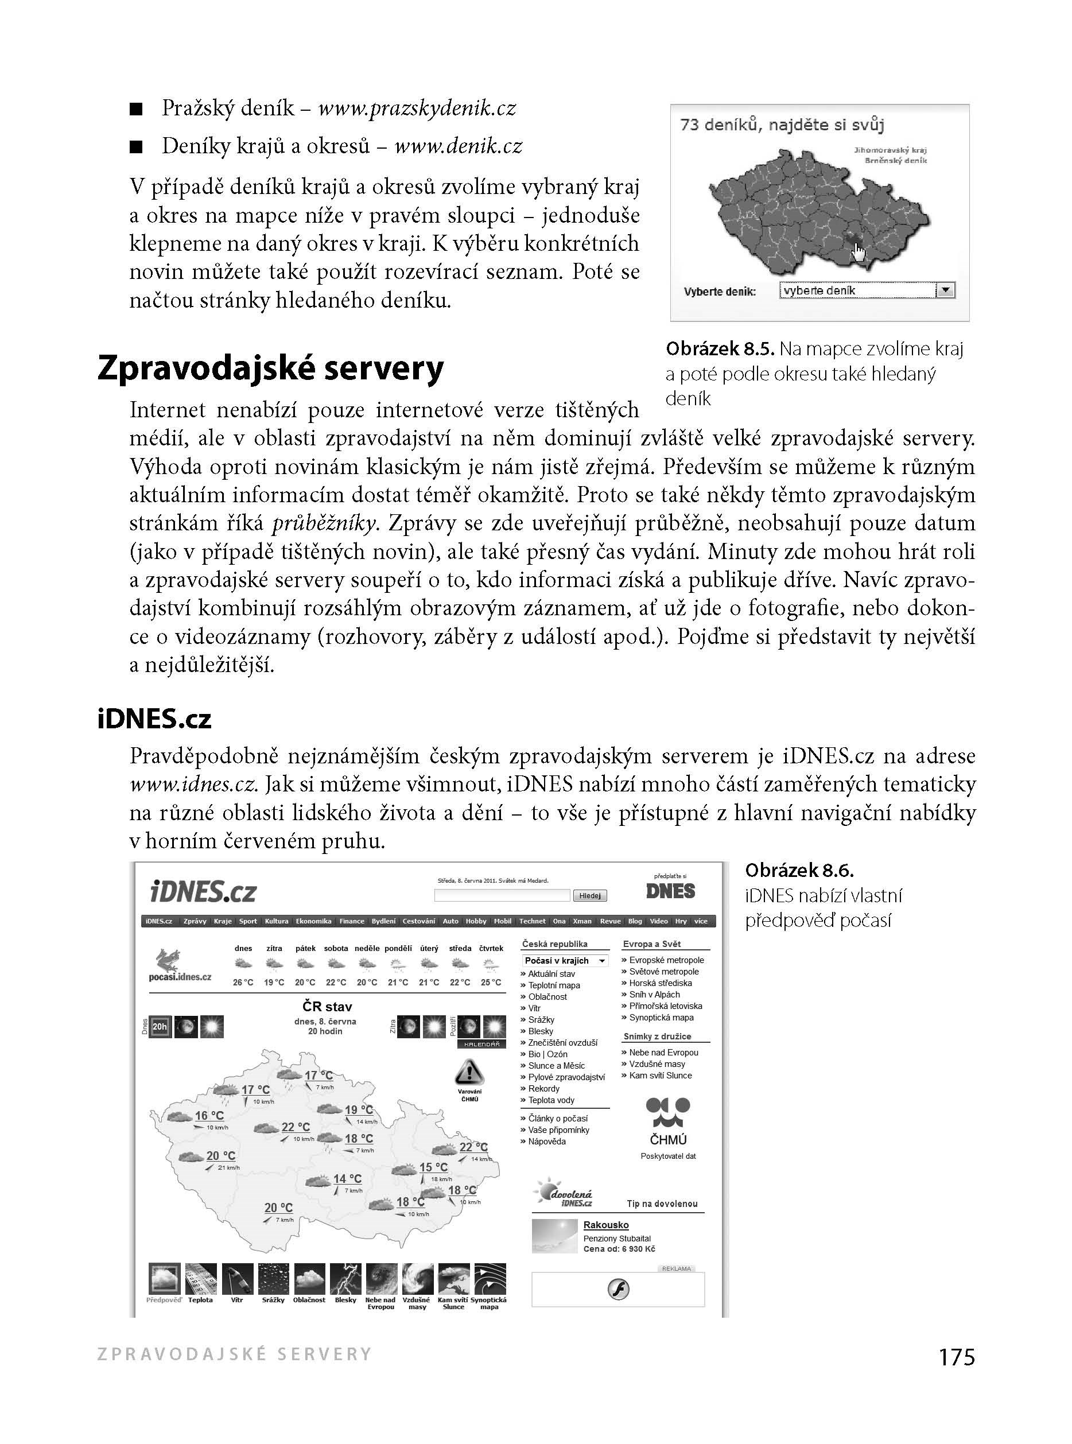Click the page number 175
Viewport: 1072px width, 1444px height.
pos(957,1356)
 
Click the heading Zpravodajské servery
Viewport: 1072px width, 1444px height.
pos(271,368)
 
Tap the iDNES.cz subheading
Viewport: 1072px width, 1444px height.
pos(154,719)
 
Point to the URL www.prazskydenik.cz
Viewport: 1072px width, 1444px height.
pos(417,108)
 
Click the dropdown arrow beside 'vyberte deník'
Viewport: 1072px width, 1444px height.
pos(946,291)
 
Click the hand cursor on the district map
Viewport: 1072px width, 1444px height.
pos(859,251)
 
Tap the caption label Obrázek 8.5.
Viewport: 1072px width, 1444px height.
pos(720,349)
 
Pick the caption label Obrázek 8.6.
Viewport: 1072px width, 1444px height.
pos(799,870)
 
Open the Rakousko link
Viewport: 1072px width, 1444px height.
pos(605,1225)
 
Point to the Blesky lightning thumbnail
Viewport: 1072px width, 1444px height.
pos(345,1279)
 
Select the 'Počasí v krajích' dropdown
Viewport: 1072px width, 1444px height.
pos(565,961)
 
